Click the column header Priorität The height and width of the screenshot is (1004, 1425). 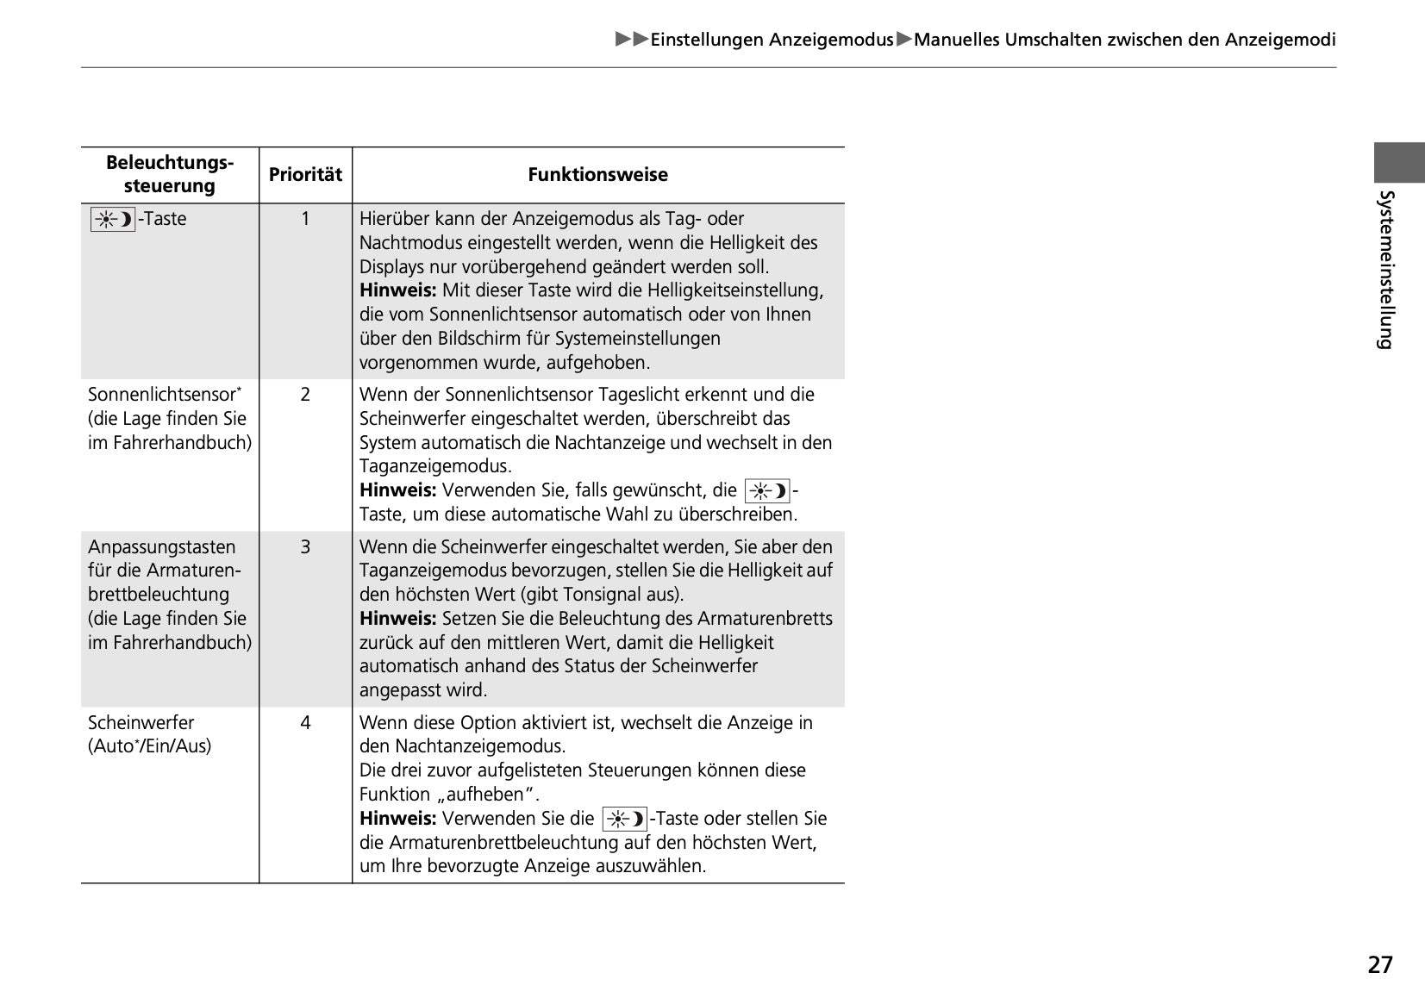click(305, 175)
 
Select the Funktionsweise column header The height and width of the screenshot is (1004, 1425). click(597, 175)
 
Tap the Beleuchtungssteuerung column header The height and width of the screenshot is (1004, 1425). click(170, 174)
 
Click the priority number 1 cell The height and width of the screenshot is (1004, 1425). click(305, 219)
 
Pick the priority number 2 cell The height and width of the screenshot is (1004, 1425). click(305, 395)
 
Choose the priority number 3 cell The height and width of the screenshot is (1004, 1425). click(305, 547)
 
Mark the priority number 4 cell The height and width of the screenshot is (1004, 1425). click(305, 723)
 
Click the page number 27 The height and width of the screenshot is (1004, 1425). click(1379, 964)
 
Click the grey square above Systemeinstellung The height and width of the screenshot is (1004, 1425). click(1399, 163)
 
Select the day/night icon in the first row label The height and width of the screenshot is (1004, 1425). click(113, 219)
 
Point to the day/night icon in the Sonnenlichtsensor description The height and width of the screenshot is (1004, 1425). click(767, 491)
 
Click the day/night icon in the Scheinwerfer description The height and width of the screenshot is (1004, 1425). click(625, 819)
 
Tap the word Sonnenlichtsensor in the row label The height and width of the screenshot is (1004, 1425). click(161, 395)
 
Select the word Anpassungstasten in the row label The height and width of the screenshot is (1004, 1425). click(161, 547)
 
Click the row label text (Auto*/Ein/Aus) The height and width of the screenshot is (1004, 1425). click(149, 746)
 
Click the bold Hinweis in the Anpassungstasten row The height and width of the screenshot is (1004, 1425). click(397, 619)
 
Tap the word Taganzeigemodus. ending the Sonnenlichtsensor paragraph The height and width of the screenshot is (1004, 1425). click(435, 467)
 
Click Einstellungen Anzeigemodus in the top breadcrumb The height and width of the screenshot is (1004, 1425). click(772, 40)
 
